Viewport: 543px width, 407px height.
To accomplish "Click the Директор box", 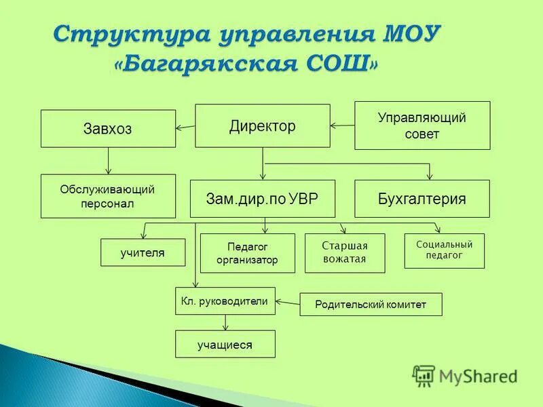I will (263, 125).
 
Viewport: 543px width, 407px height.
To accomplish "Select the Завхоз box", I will (108, 129).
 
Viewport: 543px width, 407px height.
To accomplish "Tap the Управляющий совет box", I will (422, 125).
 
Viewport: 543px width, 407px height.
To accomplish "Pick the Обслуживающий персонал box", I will (108, 196).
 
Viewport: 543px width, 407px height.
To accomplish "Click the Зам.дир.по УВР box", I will (262, 199).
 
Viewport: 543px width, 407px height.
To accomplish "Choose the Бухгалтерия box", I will (422, 199).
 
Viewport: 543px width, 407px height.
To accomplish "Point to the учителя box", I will (143, 252).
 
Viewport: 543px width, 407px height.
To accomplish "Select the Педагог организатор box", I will (247, 253).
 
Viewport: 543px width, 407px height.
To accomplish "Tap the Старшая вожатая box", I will (345, 253).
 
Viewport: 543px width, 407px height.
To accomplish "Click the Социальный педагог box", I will (444, 250).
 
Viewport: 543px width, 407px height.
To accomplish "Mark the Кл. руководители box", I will (225, 301).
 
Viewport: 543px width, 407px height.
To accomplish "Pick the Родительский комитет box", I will (371, 305).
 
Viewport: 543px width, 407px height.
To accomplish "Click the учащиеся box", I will (225, 344).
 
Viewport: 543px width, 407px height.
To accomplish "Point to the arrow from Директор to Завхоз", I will (185, 127).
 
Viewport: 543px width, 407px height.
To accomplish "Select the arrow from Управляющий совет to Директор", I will (343, 125).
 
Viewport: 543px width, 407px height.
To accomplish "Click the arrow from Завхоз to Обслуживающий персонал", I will (108, 161).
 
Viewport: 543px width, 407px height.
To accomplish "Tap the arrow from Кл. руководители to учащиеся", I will (225, 322).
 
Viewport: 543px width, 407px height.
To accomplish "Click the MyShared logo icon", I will (424, 375).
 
